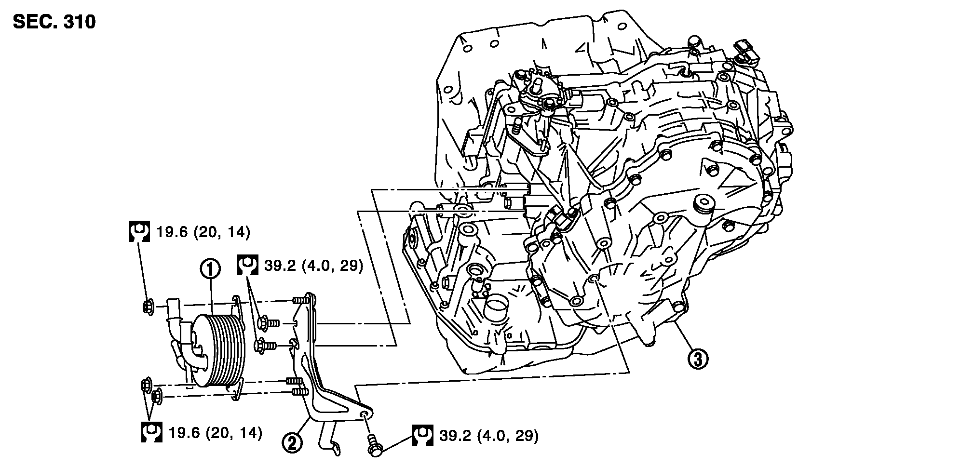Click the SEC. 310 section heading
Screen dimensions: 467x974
(54, 22)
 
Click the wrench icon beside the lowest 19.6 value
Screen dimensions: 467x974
(151, 432)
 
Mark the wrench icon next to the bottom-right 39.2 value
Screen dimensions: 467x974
(422, 436)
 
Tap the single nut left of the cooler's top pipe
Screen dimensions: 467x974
(149, 306)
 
